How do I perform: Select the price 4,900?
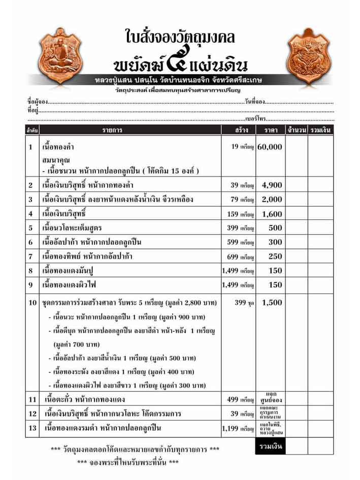[x=272, y=185]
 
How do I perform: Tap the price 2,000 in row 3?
[x=272, y=200]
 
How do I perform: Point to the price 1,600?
[x=272, y=214]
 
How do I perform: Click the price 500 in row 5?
[x=275, y=228]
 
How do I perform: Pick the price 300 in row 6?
[x=275, y=242]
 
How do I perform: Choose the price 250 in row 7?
[x=275, y=257]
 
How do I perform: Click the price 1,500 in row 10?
[x=272, y=302]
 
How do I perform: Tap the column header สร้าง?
[x=239, y=131]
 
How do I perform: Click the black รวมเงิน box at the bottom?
[x=269, y=447]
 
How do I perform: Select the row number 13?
[x=32, y=429]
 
